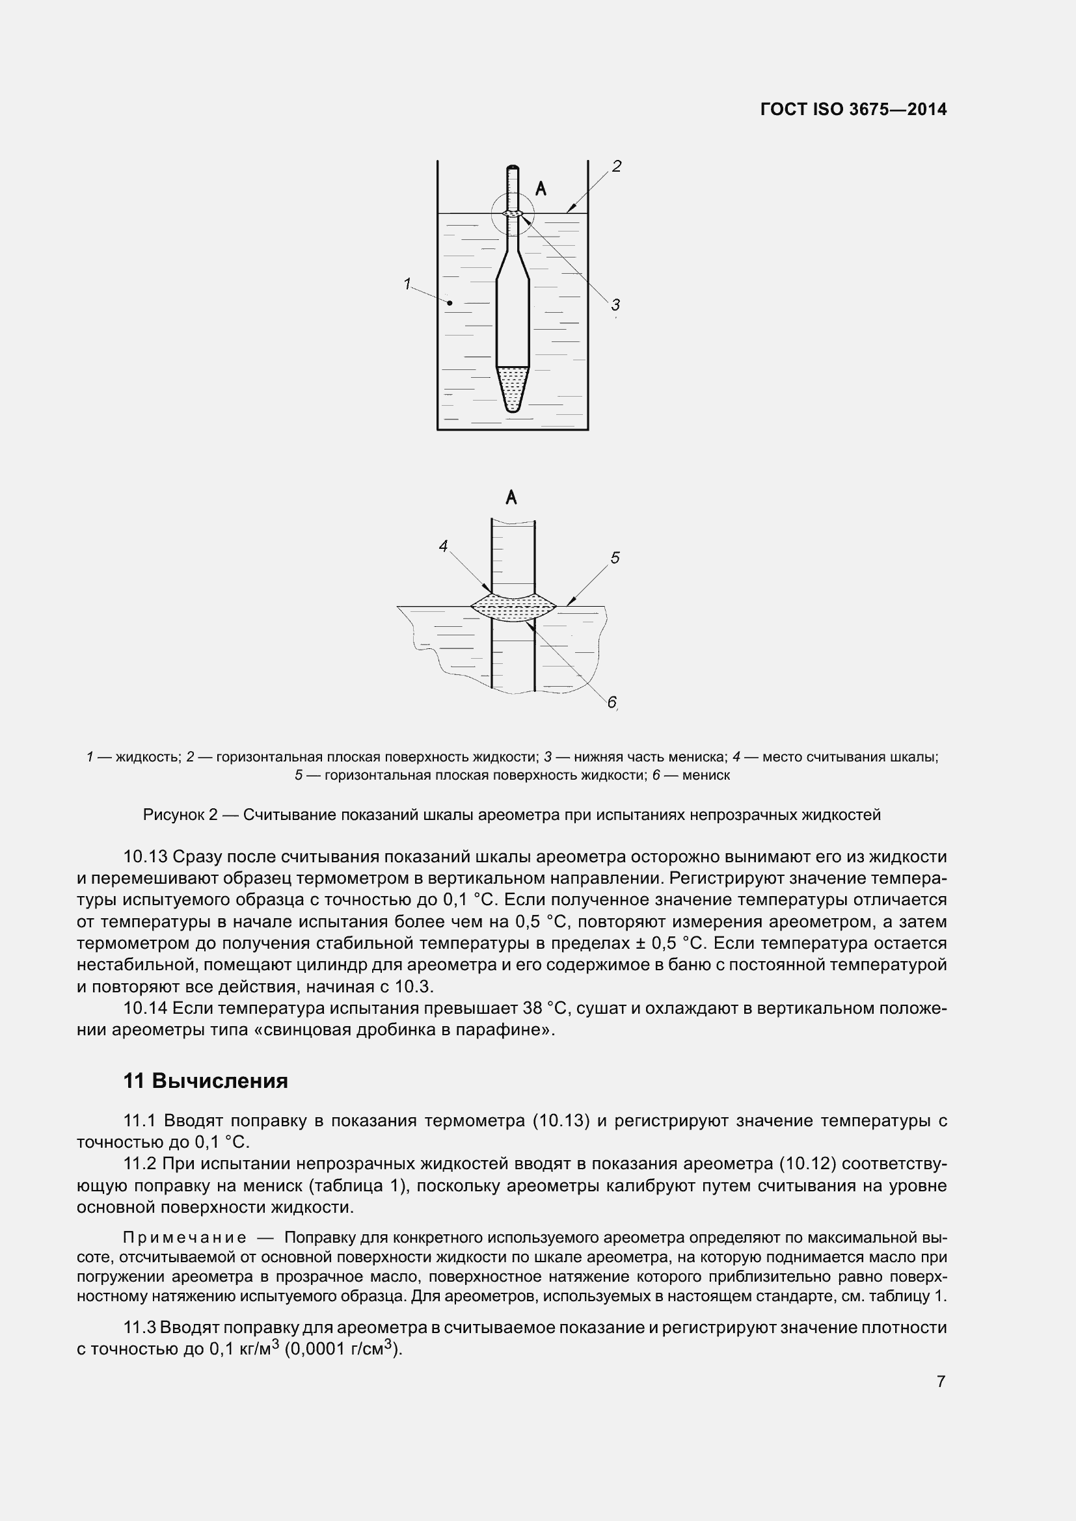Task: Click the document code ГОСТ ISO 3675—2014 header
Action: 854,109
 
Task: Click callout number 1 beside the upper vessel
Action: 407,284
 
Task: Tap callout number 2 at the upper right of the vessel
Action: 616,166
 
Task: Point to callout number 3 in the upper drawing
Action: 615,305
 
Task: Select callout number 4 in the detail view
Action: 443,546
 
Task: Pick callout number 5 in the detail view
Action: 615,558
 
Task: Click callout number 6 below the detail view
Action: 612,702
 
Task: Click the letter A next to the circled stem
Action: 541,189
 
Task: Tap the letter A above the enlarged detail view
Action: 511,497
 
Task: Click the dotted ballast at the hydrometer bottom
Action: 512,388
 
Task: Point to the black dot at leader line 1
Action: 450,304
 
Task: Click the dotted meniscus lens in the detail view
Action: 512,607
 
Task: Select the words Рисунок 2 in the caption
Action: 180,815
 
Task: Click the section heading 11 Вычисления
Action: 206,1081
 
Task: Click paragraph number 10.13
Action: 145,857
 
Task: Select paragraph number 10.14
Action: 145,1009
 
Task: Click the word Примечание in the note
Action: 185,1237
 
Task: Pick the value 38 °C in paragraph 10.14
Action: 546,1009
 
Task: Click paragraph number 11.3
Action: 140,1328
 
